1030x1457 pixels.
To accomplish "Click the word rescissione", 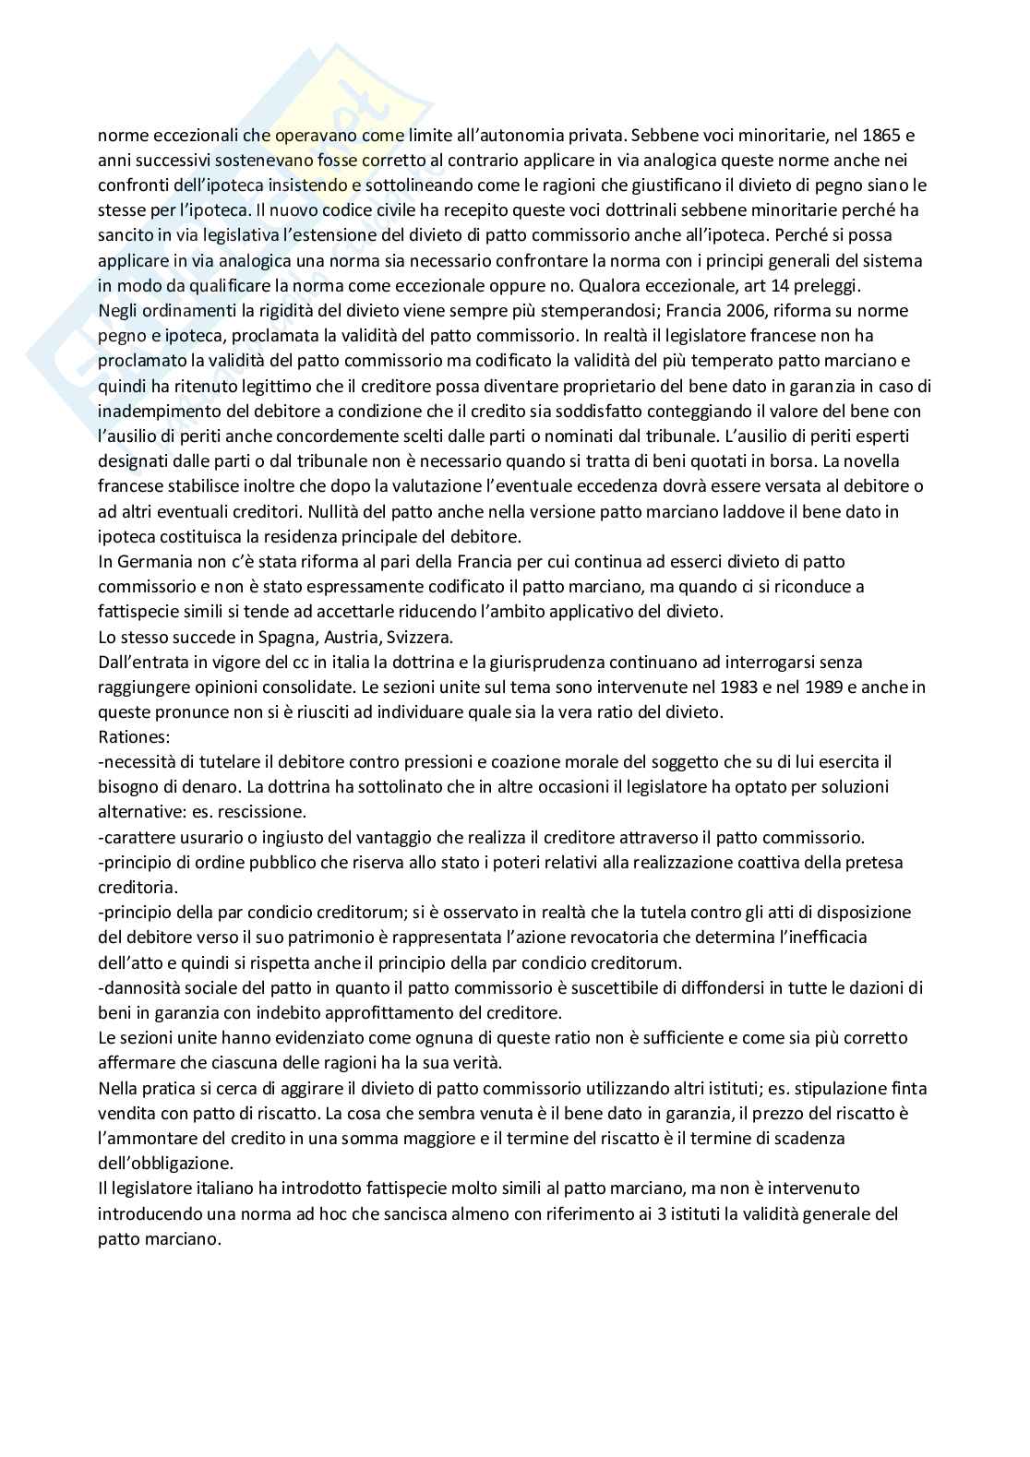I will pos(264,812).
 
